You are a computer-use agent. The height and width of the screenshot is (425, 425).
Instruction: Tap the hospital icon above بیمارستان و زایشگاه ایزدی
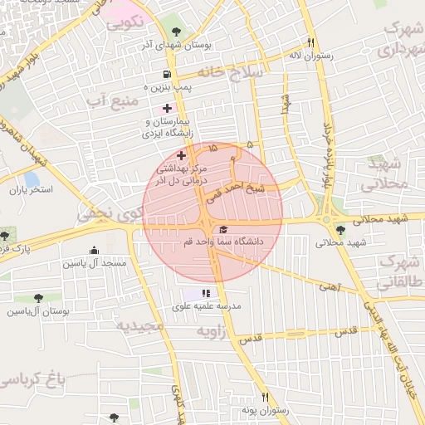click(168, 108)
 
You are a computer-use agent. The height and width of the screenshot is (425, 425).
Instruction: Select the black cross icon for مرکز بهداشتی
click(182, 154)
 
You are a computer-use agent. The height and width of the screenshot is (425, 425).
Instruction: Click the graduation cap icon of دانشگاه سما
click(222, 229)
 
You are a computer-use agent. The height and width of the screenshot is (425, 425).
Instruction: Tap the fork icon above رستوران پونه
click(265, 398)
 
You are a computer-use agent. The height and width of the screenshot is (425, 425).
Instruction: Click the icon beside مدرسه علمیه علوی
click(206, 293)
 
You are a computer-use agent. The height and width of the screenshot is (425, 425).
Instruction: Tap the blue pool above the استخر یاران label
click(32, 178)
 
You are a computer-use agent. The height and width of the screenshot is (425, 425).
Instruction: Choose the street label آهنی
click(329, 286)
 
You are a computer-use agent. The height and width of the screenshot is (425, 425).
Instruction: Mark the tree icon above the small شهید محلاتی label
click(340, 230)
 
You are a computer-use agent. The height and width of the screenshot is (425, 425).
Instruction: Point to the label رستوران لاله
click(312, 56)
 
